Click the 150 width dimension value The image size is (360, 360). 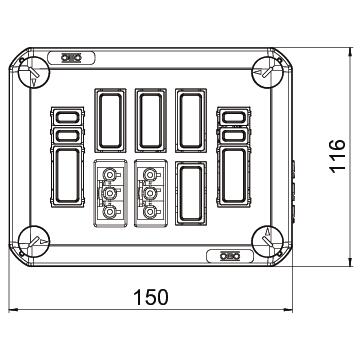point(151,297)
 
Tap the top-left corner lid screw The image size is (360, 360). point(33,72)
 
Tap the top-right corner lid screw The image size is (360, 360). point(268,72)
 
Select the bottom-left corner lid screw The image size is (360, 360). point(33,242)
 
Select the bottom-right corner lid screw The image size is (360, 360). point(268,242)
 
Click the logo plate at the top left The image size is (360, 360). point(71,58)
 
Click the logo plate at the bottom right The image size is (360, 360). point(230,256)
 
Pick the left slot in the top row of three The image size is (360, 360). point(110,120)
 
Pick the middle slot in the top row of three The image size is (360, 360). point(151,120)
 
